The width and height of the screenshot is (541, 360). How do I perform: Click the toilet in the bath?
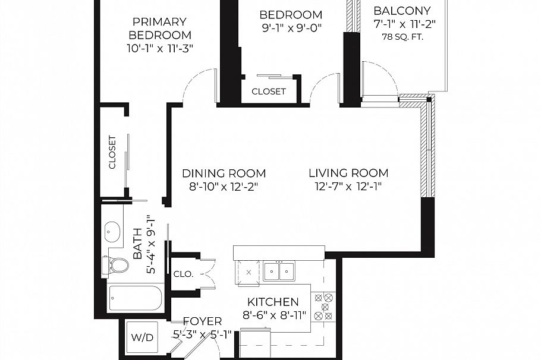tap(117, 266)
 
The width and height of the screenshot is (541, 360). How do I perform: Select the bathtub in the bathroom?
tap(136, 299)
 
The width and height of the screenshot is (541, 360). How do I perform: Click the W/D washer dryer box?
tap(141, 337)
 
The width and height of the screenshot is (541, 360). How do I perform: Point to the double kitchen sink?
tap(279, 271)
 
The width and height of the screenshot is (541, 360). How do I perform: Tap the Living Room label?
tap(348, 173)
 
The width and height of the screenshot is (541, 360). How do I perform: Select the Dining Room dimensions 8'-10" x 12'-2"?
tap(224, 187)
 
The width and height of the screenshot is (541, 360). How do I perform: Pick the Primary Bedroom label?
tap(160, 29)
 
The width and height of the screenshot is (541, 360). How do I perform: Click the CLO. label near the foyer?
tap(184, 274)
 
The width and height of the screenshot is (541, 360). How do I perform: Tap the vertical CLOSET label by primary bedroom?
tap(112, 153)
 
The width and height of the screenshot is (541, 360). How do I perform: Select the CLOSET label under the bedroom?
tap(269, 91)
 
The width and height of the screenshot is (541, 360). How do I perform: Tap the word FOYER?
tap(202, 321)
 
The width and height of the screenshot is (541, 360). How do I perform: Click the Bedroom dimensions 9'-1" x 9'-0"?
tap(291, 27)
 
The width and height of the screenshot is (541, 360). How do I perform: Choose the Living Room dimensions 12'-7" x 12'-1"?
tap(348, 187)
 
